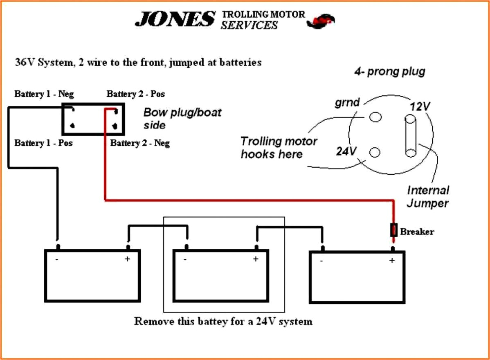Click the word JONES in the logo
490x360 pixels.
click(x=175, y=19)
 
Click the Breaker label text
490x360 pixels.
click(x=417, y=232)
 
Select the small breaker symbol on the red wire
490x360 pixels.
click(x=394, y=230)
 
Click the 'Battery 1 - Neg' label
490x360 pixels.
click(x=44, y=94)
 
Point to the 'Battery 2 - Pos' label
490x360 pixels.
click(x=136, y=94)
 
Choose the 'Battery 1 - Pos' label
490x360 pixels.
click(x=43, y=143)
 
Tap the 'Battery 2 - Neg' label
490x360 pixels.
click(x=140, y=143)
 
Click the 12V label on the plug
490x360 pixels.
click(x=420, y=107)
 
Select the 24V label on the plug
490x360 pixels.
click(x=346, y=151)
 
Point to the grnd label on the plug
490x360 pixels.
click(x=347, y=102)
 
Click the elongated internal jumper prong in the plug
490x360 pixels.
click(x=410, y=136)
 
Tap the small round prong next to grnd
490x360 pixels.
click(x=375, y=117)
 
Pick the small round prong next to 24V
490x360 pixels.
click(x=375, y=153)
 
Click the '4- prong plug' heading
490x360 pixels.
click(x=389, y=72)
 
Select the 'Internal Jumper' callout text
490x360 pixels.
click(x=428, y=197)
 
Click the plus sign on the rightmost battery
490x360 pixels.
click(x=392, y=260)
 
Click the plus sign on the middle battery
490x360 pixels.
click(x=256, y=259)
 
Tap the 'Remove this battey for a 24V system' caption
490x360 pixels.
click(x=223, y=322)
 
